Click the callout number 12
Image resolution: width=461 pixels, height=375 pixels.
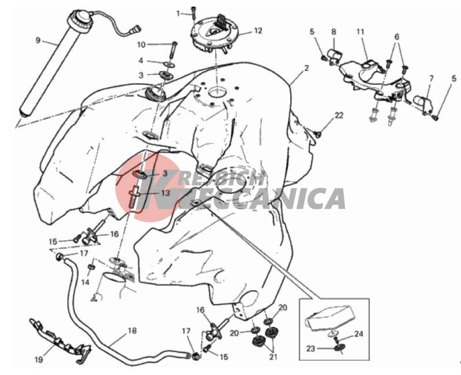(258, 31)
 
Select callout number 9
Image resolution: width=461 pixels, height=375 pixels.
(38, 40)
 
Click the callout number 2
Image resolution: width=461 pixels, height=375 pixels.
(306, 68)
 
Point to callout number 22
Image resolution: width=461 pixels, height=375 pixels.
(339, 115)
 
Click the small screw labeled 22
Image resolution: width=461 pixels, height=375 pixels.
(318, 134)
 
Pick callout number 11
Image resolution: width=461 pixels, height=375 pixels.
(361, 32)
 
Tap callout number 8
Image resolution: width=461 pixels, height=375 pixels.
(333, 32)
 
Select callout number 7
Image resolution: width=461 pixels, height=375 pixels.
(432, 78)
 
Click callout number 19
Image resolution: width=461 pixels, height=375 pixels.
(39, 359)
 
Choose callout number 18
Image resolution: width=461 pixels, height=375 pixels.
(132, 331)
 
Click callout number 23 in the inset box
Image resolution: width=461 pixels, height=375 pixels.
(311, 349)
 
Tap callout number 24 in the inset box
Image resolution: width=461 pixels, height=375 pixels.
(359, 334)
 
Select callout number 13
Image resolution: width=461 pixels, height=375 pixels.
(166, 193)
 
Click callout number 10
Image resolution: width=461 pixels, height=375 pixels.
(141, 44)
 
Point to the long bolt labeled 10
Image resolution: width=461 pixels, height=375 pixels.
(173, 51)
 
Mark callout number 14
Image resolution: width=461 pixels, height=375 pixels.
(85, 283)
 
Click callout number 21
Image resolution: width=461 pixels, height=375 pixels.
(273, 357)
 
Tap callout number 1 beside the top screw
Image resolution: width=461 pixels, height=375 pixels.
(178, 13)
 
